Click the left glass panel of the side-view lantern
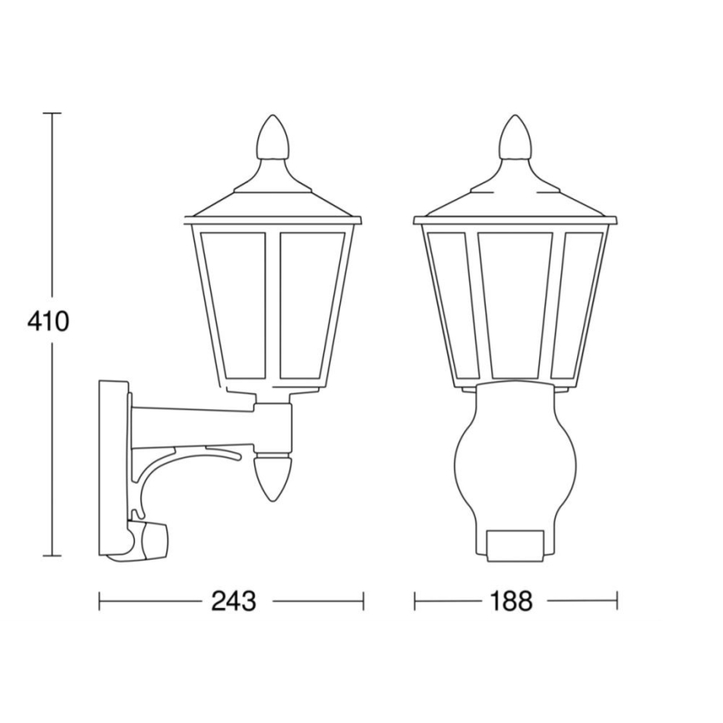(234, 304)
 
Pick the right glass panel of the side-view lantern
(310, 304)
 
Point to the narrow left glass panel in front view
(449, 304)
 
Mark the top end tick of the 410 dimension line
(52, 112)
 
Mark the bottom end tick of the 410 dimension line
(52, 556)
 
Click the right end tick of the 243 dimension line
(363, 601)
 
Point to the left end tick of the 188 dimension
(415, 601)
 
